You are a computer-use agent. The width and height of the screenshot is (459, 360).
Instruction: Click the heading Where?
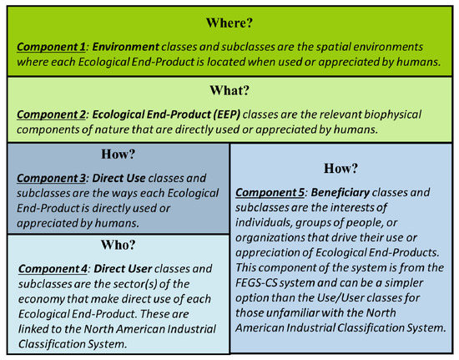[229, 23]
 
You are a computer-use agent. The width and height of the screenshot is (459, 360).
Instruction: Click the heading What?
[229, 90]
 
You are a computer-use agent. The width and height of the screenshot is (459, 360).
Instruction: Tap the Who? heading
[118, 245]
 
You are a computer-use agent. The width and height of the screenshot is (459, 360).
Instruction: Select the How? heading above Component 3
[118, 154]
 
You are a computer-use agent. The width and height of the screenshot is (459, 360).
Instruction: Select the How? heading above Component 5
[340, 169]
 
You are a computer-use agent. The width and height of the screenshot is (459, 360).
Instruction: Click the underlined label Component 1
[51, 47]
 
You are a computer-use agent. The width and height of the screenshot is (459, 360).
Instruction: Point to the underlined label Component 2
[51, 114]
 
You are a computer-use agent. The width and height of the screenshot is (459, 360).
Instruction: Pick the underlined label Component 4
[53, 269]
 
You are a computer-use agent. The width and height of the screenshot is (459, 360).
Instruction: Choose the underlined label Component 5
[270, 193]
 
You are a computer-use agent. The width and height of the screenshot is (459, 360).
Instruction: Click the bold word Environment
[125, 47]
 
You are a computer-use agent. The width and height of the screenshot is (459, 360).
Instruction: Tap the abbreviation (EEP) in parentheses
[226, 114]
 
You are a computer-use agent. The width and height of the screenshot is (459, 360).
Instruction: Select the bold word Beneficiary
[340, 193]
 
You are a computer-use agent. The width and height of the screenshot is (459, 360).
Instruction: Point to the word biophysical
[392, 114]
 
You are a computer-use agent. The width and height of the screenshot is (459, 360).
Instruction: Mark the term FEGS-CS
[256, 283]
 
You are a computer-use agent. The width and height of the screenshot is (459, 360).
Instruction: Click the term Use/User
[340, 298]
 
